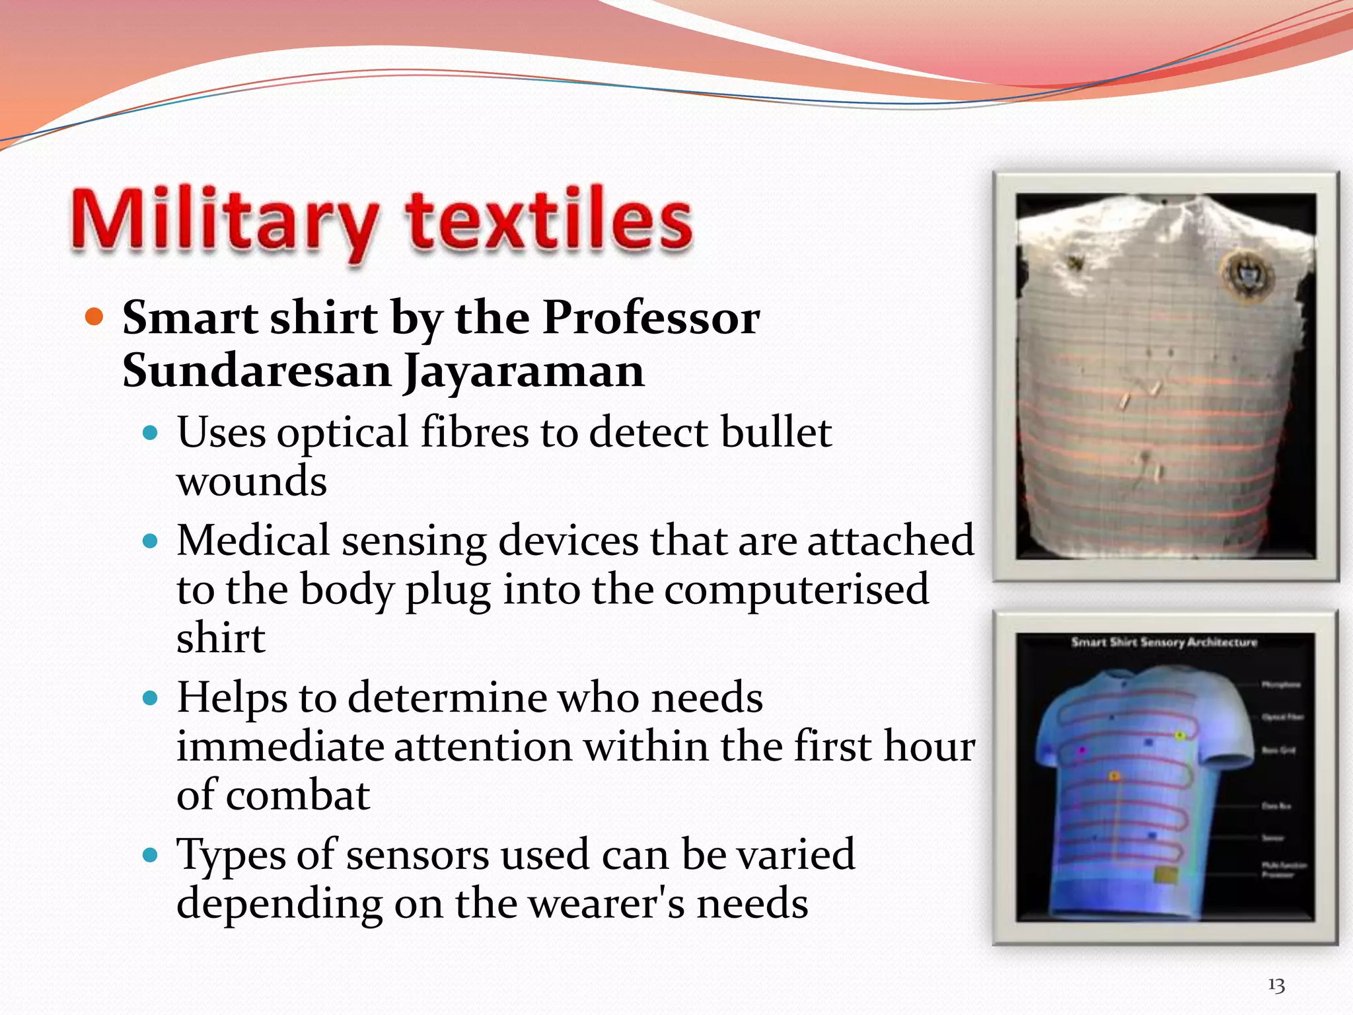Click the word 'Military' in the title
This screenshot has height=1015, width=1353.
pyautogui.click(x=225, y=221)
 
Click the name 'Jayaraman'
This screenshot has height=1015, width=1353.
pyautogui.click(x=524, y=371)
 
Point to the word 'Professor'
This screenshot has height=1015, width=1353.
pyautogui.click(x=651, y=318)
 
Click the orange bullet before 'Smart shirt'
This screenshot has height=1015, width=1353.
pyautogui.click(x=95, y=318)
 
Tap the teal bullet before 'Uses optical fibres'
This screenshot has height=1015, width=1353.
pyautogui.click(x=151, y=433)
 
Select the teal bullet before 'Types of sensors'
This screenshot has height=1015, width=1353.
pyautogui.click(x=151, y=856)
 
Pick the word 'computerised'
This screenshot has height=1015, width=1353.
pyautogui.click(x=796, y=589)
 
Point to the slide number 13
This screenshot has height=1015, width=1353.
pyautogui.click(x=1276, y=985)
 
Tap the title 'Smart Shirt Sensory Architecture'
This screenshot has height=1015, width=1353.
pyautogui.click(x=1164, y=642)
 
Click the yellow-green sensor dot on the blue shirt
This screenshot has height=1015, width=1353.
pyautogui.click(x=1180, y=735)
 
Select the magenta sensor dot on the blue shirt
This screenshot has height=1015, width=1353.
pyautogui.click(x=1082, y=751)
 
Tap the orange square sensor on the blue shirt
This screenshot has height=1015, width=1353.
pyautogui.click(x=1114, y=776)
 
